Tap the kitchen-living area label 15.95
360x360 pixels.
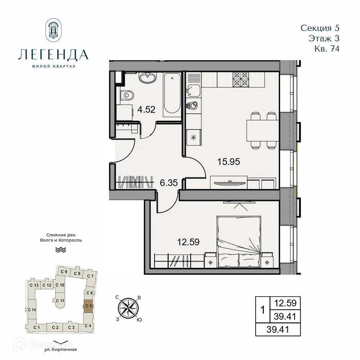click(x=228, y=162)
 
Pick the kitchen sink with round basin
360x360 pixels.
click(x=193, y=105)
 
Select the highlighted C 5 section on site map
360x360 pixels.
click(x=89, y=306)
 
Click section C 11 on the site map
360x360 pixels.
click(x=60, y=301)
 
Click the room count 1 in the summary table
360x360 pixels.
click(x=262, y=309)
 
